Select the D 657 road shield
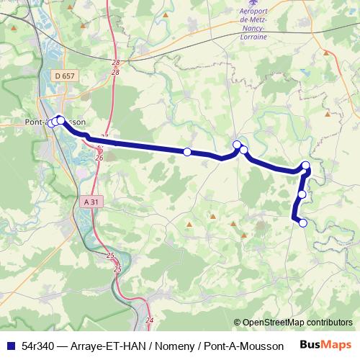click(x=64, y=75)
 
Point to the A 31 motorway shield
click(x=90, y=202)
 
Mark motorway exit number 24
click(x=150, y=320)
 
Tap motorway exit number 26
click(x=99, y=158)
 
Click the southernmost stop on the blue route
click(x=303, y=223)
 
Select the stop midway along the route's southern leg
click(x=302, y=194)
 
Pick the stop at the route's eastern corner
click(x=306, y=166)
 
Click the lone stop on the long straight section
click(x=187, y=152)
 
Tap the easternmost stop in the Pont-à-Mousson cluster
click(x=60, y=120)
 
